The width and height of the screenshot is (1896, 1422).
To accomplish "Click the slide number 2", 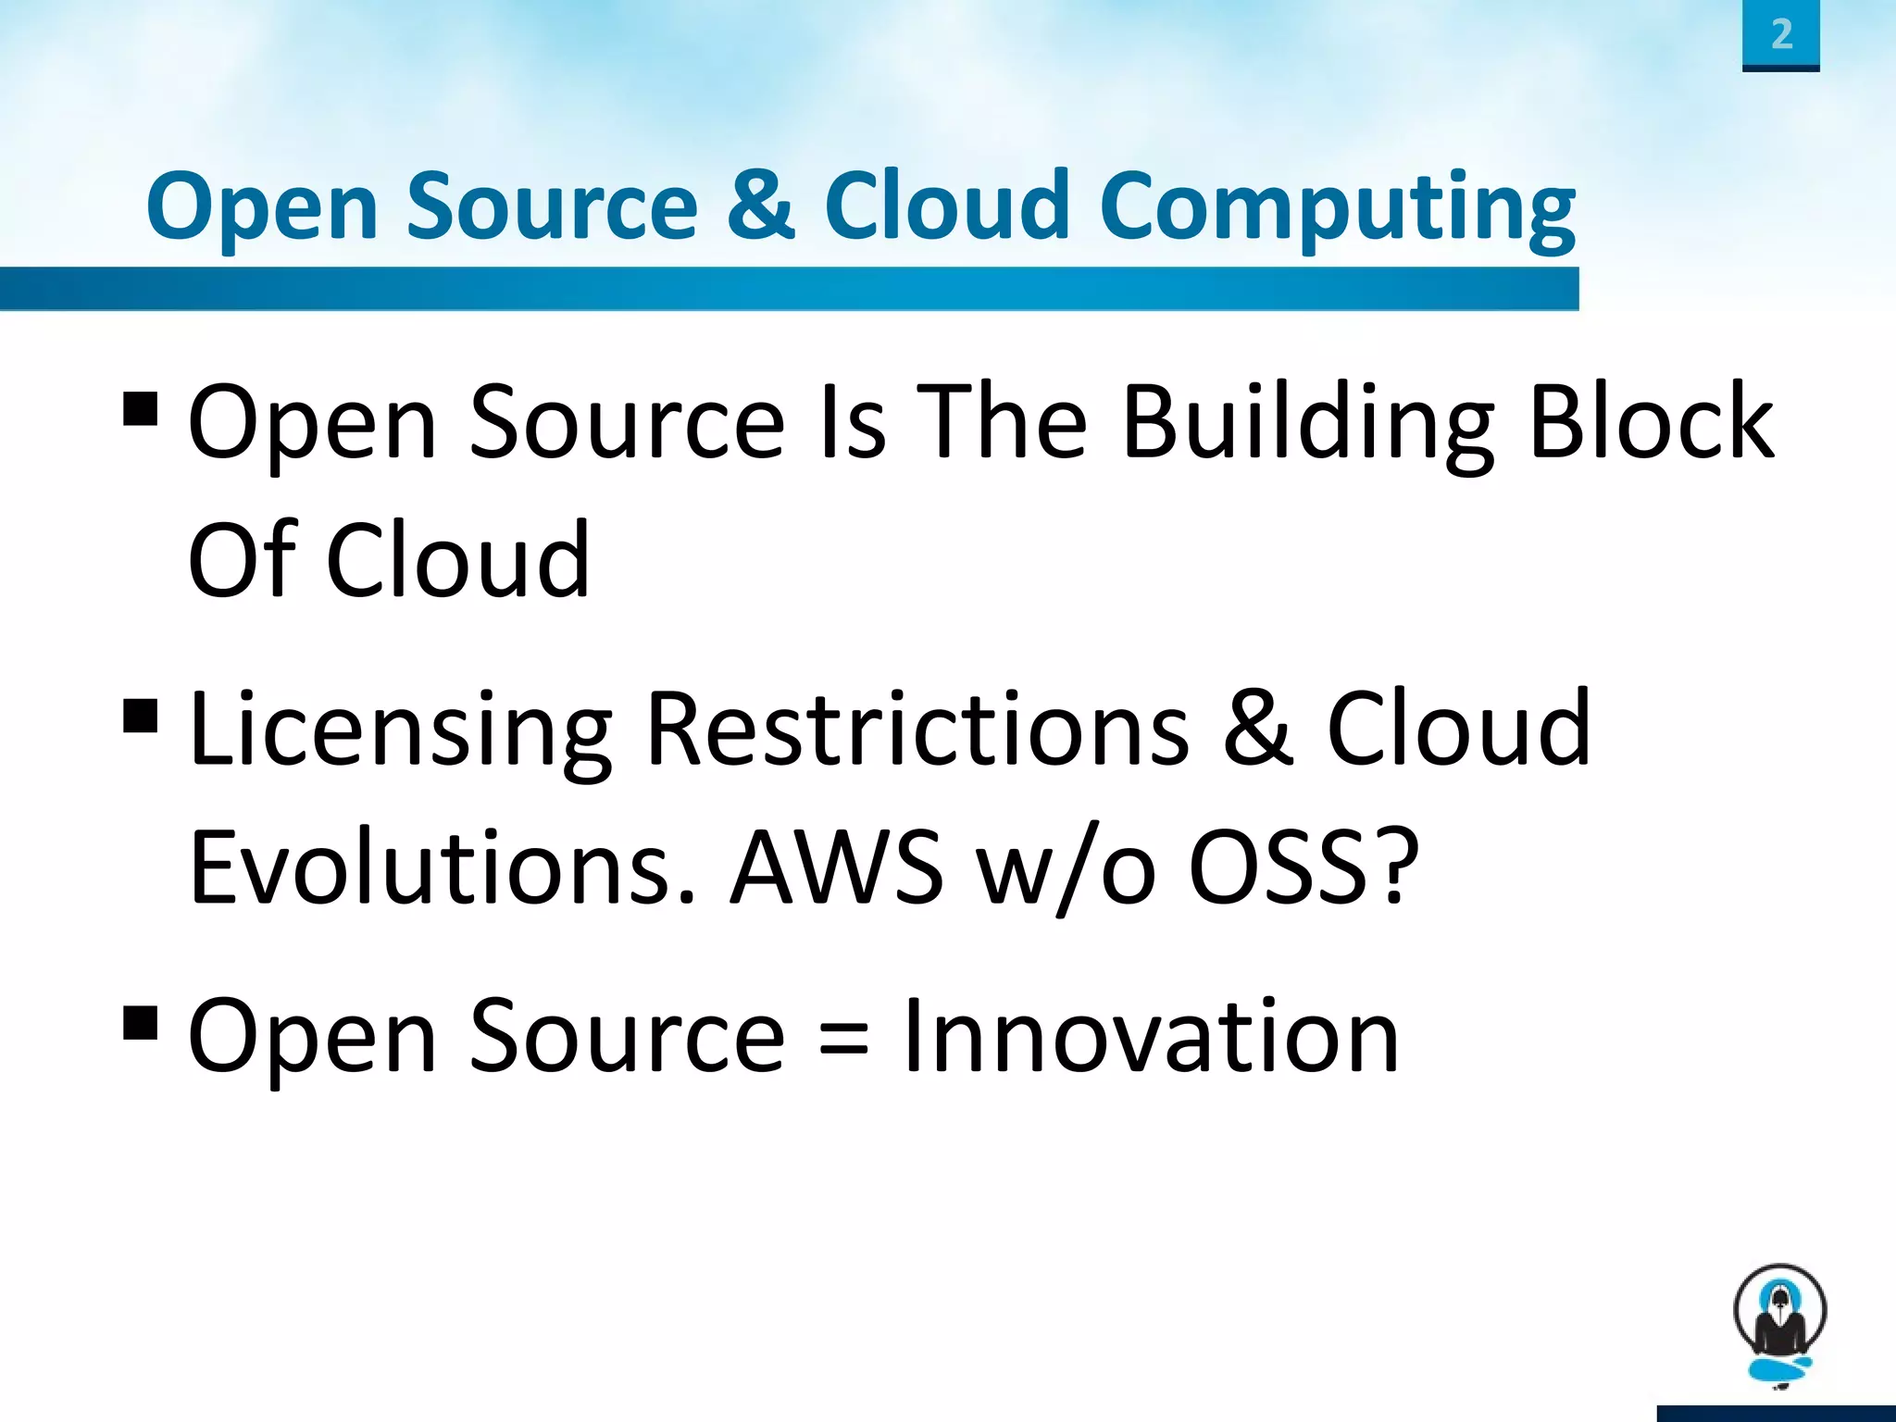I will pyautogui.click(x=1781, y=35).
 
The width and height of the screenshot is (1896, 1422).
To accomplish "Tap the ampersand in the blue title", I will pyautogui.click(x=761, y=205).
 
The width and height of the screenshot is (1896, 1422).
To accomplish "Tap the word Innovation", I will pyautogui.click(x=1151, y=1037).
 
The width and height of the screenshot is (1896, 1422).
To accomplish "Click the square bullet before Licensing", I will pyautogui.click(x=140, y=715).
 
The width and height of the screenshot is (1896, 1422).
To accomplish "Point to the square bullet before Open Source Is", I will pyautogui.click(x=140, y=407).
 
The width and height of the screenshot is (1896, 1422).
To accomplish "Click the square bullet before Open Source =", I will pyautogui.click(x=140, y=1023).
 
